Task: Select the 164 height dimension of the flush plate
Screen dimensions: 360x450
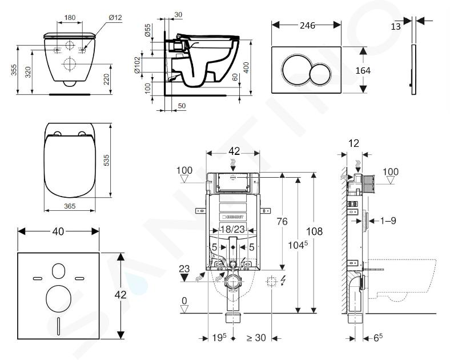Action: pyautogui.click(x=363, y=70)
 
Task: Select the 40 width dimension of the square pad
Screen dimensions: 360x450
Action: pyautogui.click(x=58, y=231)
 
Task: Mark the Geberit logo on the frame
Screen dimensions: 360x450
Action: pyautogui.click(x=232, y=217)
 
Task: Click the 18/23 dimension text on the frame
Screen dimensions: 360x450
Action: pyautogui.click(x=232, y=230)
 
